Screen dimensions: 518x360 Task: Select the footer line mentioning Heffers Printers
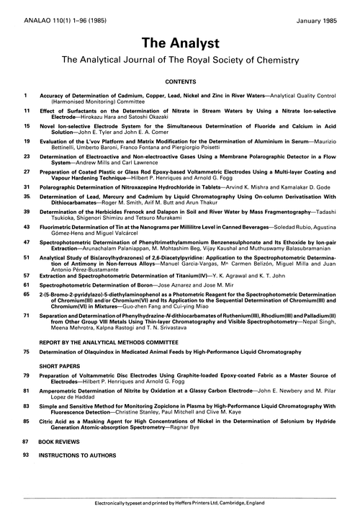coord(180,507)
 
